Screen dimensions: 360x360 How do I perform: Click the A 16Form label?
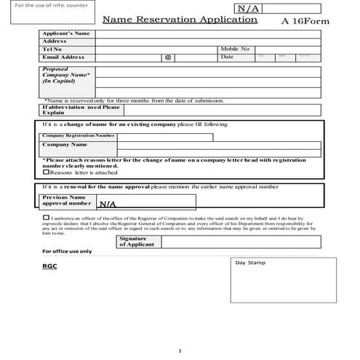(x=305, y=21)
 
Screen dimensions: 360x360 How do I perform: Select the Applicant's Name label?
(x=66, y=33)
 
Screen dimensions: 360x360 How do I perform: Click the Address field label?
(x=55, y=41)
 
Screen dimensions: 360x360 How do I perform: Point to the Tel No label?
(x=53, y=49)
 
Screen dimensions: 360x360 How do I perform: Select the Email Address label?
(x=63, y=57)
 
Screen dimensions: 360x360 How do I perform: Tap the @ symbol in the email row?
(x=167, y=57)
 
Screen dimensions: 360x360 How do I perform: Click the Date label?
(x=227, y=57)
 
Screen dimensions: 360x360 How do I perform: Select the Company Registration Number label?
(x=78, y=135)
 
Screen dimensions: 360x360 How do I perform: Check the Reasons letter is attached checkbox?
(x=47, y=172)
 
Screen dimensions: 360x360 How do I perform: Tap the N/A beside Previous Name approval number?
(x=108, y=205)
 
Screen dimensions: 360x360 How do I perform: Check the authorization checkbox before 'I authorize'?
(x=47, y=217)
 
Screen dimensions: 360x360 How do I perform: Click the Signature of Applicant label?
(x=133, y=241)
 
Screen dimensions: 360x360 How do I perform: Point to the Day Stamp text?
(x=251, y=263)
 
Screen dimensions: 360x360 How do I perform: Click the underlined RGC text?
(x=49, y=266)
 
